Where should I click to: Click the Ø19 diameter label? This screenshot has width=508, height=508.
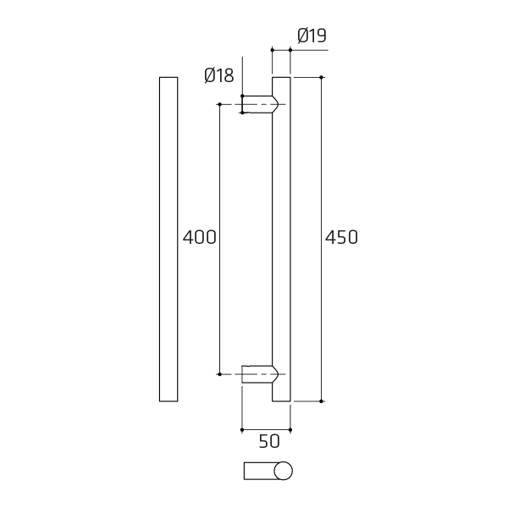point(312,36)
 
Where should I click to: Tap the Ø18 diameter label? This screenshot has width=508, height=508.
point(219,75)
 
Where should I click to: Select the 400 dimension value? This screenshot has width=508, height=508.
point(199,237)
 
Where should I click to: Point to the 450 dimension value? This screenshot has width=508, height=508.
point(341,237)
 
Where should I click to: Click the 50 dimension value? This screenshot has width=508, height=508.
point(269,441)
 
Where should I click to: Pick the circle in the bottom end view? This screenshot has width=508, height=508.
point(283,471)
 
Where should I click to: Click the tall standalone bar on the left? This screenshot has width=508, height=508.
point(168,239)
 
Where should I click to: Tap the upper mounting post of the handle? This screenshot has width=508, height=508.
point(260,104)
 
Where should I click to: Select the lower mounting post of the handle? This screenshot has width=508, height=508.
point(260,374)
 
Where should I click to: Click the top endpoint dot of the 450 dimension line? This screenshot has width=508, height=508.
point(322,77)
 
